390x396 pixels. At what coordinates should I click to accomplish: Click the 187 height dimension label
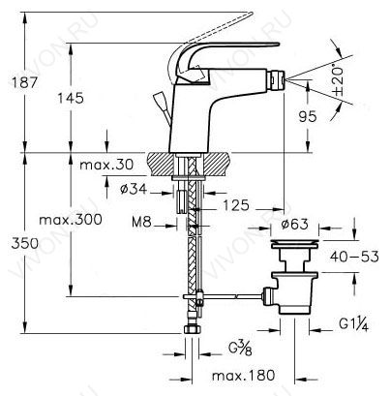coord(25,82)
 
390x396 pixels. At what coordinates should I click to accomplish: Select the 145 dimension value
coord(71,98)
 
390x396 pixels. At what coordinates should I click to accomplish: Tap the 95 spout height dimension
coord(308,116)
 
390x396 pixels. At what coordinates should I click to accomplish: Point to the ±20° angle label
coord(338,81)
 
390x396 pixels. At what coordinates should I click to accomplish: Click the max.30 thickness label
coord(106,165)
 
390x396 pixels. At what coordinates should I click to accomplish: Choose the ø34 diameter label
coord(134,189)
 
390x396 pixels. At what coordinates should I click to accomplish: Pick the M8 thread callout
coord(141,222)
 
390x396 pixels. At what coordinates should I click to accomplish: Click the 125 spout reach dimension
coord(236,205)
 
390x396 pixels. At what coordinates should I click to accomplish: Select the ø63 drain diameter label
coord(294,224)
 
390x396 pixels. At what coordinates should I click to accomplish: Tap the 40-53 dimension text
coord(354,257)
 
